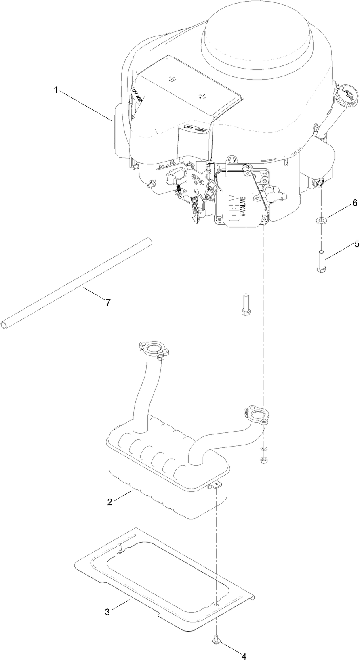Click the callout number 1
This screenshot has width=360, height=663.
point(56,90)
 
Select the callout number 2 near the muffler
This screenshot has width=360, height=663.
point(109,502)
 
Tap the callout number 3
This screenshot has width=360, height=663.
point(107,612)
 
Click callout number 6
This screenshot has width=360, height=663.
point(343,203)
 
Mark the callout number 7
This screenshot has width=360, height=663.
point(108,302)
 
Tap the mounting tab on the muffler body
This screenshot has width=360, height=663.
point(216,485)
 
